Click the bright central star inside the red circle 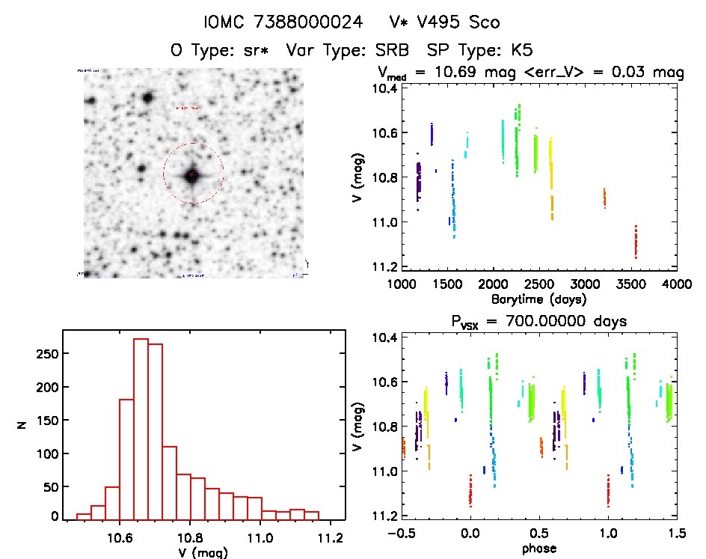point(193,174)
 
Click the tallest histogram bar point(141,428)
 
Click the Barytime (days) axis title point(538,299)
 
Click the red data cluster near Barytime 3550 point(636,242)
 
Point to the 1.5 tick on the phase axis point(676,534)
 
